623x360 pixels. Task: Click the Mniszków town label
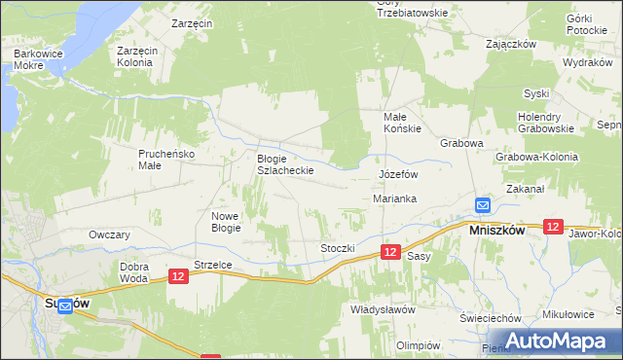tap(497, 232)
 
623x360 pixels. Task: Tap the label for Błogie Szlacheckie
tap(284, 164)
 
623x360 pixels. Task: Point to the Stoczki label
tap(338, 248)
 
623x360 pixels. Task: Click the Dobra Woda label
tap(133, 271)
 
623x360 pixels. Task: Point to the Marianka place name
tap(395, 198)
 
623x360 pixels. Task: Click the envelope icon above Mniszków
tap(483, 205)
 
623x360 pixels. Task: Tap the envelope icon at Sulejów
tap(64, 306)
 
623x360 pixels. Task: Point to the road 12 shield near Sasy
tap(389, 252)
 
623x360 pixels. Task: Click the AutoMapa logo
tap(565, 341)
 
